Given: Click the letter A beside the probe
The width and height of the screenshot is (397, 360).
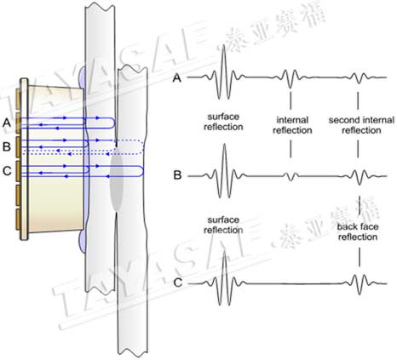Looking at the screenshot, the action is tap(7, 123).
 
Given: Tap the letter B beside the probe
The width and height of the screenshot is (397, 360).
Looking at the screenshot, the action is tap(7, 147).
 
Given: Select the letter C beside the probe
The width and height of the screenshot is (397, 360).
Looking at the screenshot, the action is tap(7, 171).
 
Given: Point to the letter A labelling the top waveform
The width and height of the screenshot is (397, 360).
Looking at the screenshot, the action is tap(177, 77).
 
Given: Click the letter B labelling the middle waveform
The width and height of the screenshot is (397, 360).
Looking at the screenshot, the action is tap(177, 175).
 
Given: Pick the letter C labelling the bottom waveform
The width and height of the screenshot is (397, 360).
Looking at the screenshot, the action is tap(178, 283).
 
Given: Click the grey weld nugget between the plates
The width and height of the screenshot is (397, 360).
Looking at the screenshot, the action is tap(117, 181).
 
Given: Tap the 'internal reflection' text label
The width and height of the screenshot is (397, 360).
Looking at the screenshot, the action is tap(292, 125).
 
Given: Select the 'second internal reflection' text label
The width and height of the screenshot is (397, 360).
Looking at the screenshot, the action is tap(361, 125).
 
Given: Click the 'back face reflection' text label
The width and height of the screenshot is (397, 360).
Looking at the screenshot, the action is tap(358, 231).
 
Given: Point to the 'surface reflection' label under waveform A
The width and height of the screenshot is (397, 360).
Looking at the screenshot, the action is tap(223, 122).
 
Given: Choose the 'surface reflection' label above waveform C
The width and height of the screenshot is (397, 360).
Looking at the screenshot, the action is tap(223, 225).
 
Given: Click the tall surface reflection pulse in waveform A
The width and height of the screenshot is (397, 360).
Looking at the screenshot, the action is tap(224, 72).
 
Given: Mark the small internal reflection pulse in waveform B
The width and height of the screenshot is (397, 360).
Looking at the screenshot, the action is tap(291, 176).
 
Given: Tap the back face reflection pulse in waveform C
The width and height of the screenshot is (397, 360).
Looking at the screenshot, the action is tap(359, 284).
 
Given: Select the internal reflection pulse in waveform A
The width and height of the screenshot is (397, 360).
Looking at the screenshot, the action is tap(290, 78).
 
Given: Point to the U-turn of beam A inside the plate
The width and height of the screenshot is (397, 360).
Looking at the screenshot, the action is tap(113, 123).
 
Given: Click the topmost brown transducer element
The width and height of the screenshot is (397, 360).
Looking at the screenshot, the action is tap(18, 99).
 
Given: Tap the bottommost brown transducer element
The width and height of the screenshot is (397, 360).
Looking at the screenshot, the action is tap(18, 220).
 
